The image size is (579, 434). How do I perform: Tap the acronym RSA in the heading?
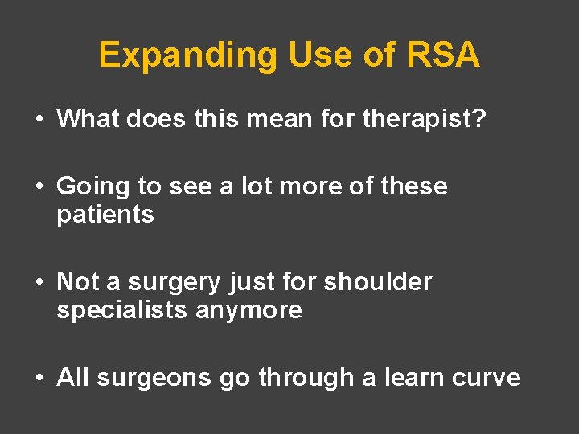click(x=444, y=55)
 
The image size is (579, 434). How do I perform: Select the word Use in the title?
click(x=308, y=55)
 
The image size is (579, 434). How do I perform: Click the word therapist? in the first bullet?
click(x=425, y=119)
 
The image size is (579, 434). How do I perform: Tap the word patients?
click(x=105, y=215)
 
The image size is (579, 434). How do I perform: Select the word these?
click(x=415, y=186)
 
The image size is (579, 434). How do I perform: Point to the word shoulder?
click(x=377, y=282)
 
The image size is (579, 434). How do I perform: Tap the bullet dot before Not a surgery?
click(x=39, y=283)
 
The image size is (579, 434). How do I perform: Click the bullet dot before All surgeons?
click(x=39, y=379)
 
